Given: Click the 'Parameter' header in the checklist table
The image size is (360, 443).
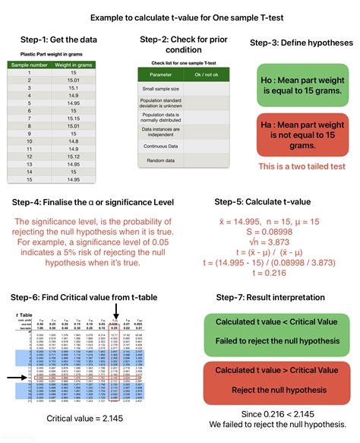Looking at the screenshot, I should pyautogui.click(x=160, y=74).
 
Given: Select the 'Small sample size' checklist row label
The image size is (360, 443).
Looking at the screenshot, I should pyautogui.click(x=160, y=89).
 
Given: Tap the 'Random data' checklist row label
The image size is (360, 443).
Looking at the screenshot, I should pyautogui.click(x=160, y=160).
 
